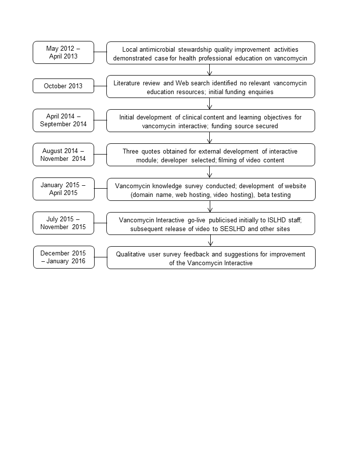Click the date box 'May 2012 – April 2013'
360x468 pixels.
[63, 52]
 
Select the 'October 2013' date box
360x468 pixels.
[63, 86]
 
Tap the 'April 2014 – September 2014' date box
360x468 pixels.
[63, 120]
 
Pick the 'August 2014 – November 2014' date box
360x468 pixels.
[63, 155]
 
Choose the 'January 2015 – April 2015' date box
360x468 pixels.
[63, 189]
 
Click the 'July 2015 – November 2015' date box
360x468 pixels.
[63, 223]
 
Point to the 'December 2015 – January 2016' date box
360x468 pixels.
[63, 257]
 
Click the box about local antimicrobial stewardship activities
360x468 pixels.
[210, 53]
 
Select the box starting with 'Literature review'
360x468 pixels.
[210, 87]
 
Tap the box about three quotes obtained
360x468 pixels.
[210, 155]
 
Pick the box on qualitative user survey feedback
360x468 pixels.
[210, 258]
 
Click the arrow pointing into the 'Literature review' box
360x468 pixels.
[210, 70]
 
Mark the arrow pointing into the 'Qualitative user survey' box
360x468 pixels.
[210, 240]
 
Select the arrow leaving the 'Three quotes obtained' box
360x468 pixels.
[210, 172]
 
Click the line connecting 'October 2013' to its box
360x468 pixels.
[100, 86]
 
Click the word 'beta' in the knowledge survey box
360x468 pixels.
[265, 194]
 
